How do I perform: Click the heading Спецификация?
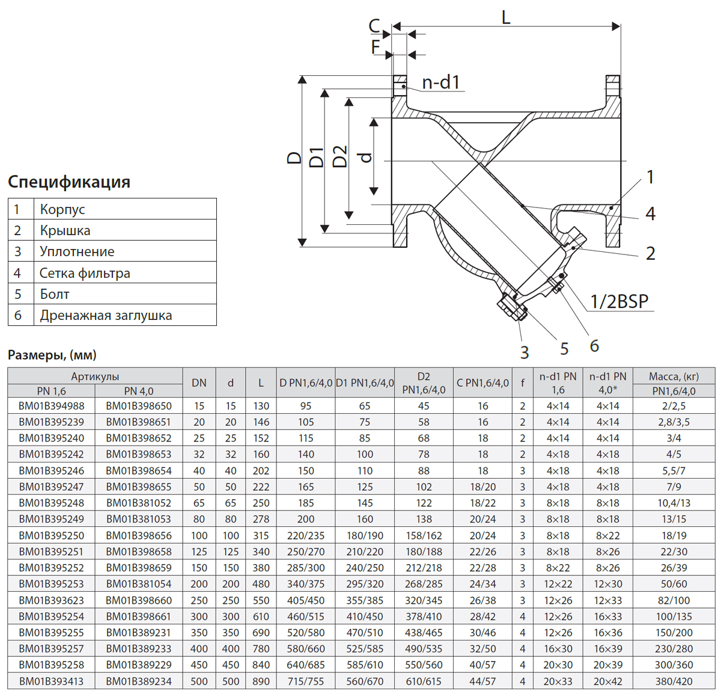tap(69, 182)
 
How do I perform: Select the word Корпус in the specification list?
tap(62, 209)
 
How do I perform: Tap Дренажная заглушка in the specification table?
tap(106, 315)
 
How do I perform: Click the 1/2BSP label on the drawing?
tap(619, 301)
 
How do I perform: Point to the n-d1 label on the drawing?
tap(441, 82)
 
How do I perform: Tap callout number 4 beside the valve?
tap(650, 213)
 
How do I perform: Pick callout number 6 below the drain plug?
tap(594, 345)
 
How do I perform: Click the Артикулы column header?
tap(95, 376)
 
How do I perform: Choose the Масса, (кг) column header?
tap(674, 376)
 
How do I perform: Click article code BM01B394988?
tap(52, 406)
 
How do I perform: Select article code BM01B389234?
tap(139, 681)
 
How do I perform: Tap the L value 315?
tap(261, 535)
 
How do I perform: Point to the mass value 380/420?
tap(674, 681)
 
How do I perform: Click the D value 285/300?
tap(306, 568)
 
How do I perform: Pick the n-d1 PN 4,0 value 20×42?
tap(607, 681)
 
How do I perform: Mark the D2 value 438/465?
tap(424, 633)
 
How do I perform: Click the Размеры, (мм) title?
tap(52, 355)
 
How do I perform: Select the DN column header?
tap(199, 383)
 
